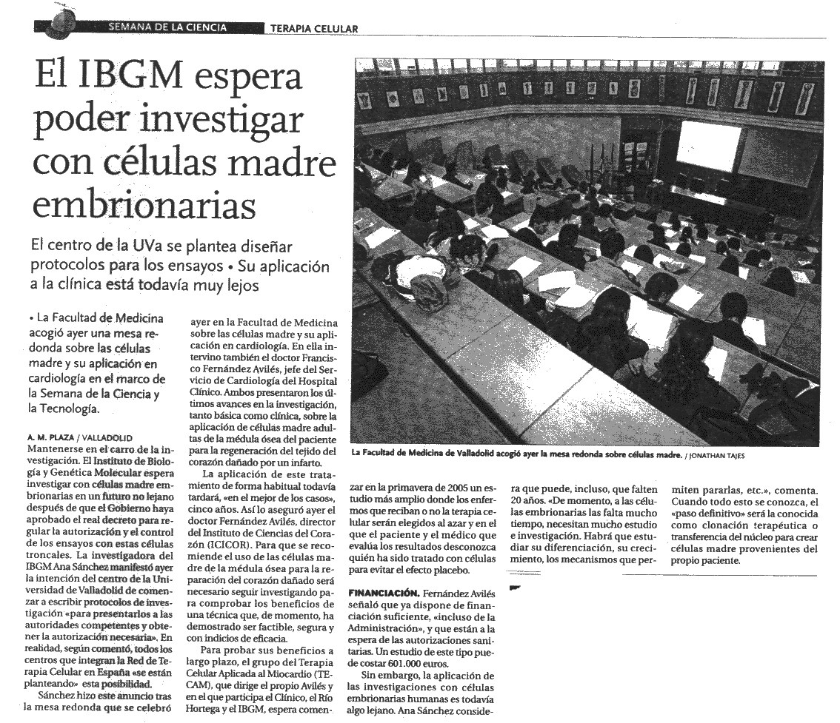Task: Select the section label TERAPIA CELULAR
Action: coord(314,29)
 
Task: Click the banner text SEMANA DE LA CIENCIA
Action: coord(167,28)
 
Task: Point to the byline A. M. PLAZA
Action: coord(50,437)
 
